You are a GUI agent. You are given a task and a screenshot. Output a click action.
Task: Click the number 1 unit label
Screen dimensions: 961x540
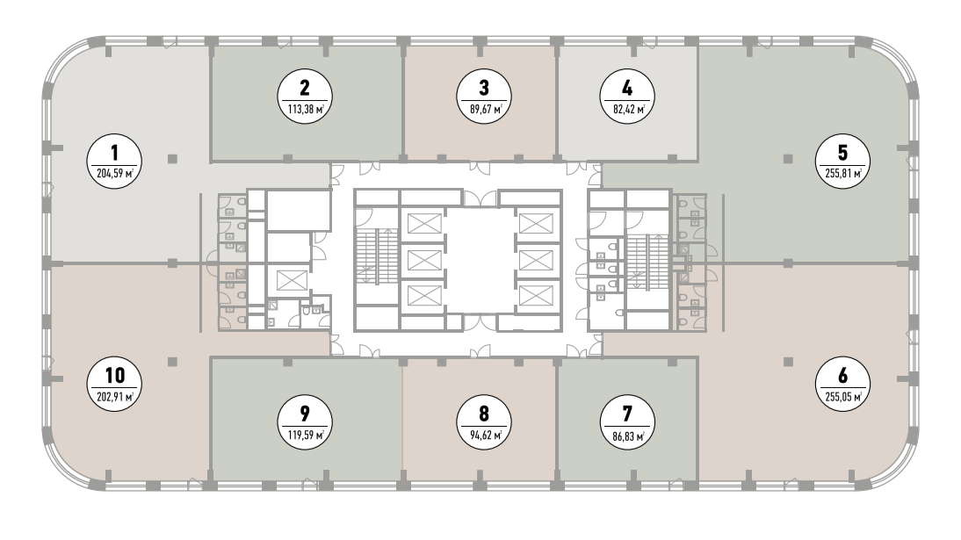pos(114,153)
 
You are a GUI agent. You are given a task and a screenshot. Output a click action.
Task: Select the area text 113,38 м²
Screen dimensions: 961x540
pos(305,110)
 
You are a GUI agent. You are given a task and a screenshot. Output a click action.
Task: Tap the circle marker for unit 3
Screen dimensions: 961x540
pos(484,97)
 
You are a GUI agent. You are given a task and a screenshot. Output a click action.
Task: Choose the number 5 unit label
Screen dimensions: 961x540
pos(843,153)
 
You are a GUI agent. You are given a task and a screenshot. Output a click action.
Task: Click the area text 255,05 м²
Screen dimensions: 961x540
pos(843,397)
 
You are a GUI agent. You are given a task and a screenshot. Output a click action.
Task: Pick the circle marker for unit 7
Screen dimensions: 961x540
pos(627,422)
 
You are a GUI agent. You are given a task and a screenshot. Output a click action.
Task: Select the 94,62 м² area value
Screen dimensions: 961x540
pos(484,436)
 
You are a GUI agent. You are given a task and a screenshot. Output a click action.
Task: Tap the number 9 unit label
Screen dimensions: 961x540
pos(305,414)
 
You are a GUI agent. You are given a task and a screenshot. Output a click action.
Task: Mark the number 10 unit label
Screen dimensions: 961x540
pos(114,375)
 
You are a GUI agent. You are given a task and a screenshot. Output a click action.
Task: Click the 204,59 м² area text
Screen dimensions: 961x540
pos(114,174)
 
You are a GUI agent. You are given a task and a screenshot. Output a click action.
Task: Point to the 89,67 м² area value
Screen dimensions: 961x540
pos(484,110)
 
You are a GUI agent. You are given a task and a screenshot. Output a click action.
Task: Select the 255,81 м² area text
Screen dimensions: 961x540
pos(843,174)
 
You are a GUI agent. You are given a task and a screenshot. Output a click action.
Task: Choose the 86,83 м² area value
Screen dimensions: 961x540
pos(627,436)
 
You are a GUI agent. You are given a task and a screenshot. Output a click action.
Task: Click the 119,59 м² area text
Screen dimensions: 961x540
pos(305,436)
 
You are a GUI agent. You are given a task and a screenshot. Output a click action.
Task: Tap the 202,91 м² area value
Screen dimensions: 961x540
pos(114,397)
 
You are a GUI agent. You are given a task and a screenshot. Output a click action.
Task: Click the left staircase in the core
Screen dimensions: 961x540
pos(376,256)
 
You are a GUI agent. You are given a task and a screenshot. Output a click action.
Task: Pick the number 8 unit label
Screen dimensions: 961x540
pos(484,414)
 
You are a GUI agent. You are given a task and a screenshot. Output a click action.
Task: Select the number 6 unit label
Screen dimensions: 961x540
pos(843,375)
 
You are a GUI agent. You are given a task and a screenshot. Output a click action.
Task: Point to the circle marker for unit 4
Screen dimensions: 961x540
pos(627,97)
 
